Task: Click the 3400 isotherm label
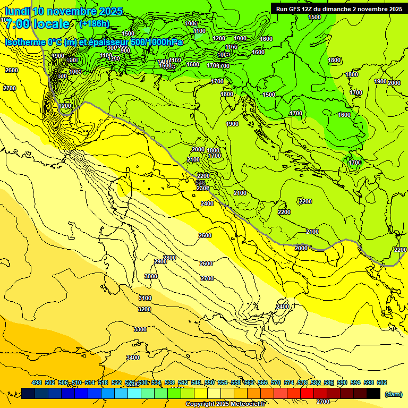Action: pyautogui.click(x=133, y=358)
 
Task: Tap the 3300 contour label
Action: pyautogui.click(x=140, y=329)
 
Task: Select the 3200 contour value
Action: pyautogui.click(x=144, y=309)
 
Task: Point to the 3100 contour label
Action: pyautogui.click(x=144, y=298)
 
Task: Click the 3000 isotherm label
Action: pyautogui.click(x=151, y=276)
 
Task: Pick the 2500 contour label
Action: pyautogui.click(x=205, y=235)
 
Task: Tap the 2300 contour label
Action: pyautogui.click(x=202, y=188)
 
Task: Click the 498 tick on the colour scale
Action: pyautogui.click(x=37, y=382)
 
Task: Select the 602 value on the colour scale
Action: pyautogui.click(x=381, y=382)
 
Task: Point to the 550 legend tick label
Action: pyautogui.click(x=209, y=382)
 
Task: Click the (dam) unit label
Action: pyautogui.click(x=393, y=394)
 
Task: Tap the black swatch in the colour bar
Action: pyautogui.click(x=373, y=393)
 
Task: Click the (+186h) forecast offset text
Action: pyautogui.click(x=94, y=24)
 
